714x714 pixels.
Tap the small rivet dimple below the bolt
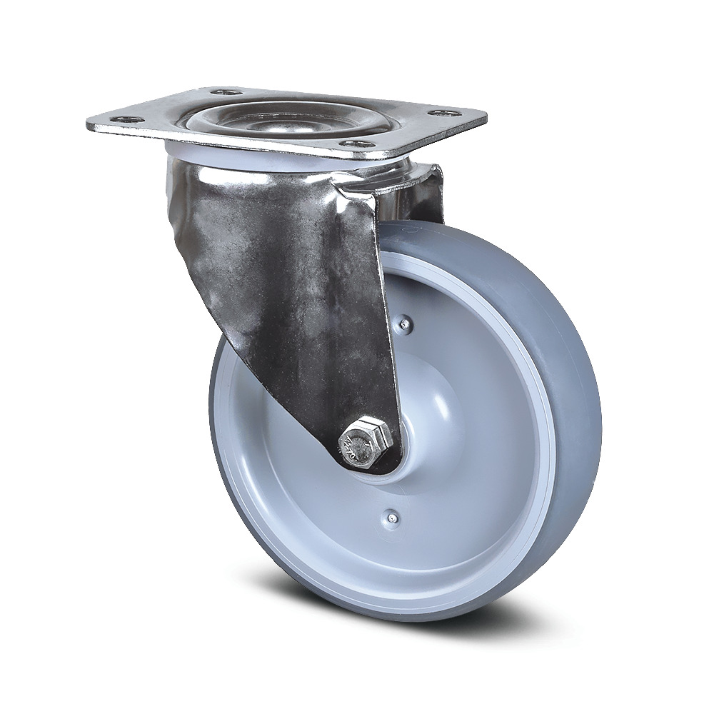coord(390,514)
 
